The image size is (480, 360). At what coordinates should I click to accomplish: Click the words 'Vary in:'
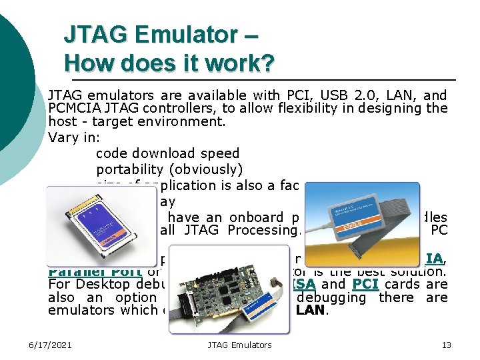(x=74, y=137)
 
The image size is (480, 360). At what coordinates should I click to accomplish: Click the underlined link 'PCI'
(x=365, y=283)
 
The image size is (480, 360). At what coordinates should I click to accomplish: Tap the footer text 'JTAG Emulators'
(x=239, y=345)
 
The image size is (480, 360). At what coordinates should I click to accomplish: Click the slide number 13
(x=446, y=345)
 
